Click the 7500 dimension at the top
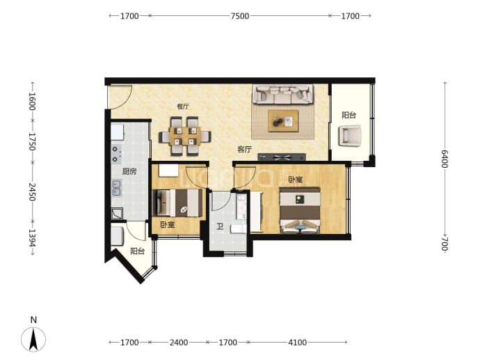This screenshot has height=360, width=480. (x=240, y=16)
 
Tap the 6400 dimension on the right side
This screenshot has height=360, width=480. (x=445, y=159)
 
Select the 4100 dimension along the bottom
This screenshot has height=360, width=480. (x=297, y=342)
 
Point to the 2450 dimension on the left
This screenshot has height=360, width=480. (x=32, y=191)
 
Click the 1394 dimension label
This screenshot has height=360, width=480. (x=32, y=237)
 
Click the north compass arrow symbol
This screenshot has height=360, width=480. (x=33, y=339)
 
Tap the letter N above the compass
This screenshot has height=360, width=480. (x=33, y=320)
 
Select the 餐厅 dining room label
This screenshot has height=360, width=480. (x=183, y=107)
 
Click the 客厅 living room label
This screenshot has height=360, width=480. (x=244, y=150)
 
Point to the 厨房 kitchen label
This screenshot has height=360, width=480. (x=129, y=171)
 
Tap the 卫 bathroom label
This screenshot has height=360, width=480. (x=220, y=227)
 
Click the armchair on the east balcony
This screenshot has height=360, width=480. (x=350, y=136)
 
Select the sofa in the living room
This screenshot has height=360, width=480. (x=282, y=95)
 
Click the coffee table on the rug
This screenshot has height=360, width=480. (x=283, y=121)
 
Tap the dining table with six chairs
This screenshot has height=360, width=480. (x=185, y=136)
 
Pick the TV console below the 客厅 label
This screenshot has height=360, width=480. (x=282, y=157)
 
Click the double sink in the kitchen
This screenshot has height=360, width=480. (x=116, y=188)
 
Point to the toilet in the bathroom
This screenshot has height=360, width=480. (x=239, y=229)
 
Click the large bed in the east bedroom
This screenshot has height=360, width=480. (x=300, y=210)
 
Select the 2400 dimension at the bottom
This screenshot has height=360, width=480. (x=179, y=342)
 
